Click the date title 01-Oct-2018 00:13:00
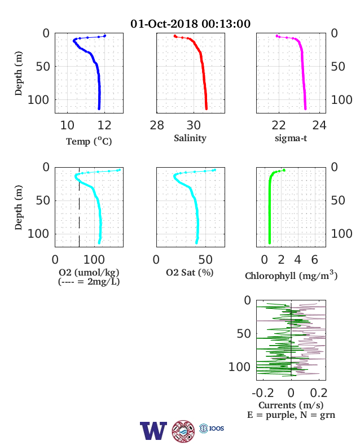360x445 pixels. point(190,24)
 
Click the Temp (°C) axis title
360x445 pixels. point(89,141)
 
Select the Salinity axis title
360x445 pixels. point(190,138)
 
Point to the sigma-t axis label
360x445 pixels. point(291,138)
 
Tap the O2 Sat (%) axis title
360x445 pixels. point(190,273)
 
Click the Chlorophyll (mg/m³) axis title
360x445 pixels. point(291,276)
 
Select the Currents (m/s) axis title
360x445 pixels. point(291,405)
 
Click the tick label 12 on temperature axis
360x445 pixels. point(104,125)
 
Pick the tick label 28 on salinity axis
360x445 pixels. point(157,125)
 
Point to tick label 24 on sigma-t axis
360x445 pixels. point(319,125)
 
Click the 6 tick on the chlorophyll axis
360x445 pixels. point(315,260)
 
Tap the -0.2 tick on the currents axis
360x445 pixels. point(263,393)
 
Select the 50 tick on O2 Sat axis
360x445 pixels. point(205,260)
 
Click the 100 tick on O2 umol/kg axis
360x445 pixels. point(94,260)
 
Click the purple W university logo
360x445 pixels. point(153,431)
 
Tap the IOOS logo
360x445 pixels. point(212,428)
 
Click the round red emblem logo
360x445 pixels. point(183,431)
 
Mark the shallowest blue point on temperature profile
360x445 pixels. point(105,36)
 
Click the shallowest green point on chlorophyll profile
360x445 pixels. point(284,171)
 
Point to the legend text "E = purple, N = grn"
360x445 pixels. point(291,415)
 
